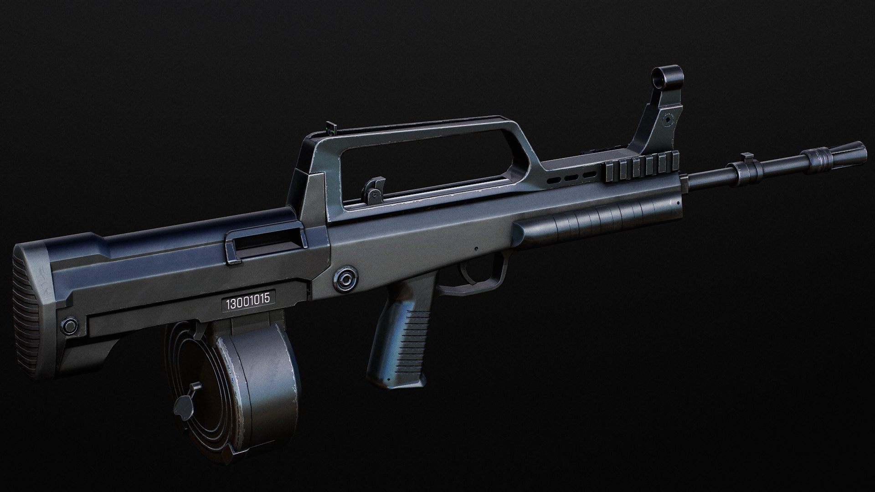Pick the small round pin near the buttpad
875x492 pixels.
pyautogui.click(x=70, y=325)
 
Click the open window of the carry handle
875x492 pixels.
pyautogui.click(x=433, y=169)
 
